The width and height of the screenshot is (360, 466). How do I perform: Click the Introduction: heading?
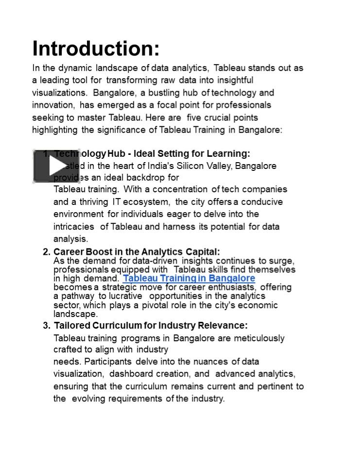[96, 49]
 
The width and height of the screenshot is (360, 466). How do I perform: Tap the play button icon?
[50, 166]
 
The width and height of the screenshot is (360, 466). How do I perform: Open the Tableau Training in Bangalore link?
[189, 278]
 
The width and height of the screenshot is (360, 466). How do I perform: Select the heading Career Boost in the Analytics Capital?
[137, 252]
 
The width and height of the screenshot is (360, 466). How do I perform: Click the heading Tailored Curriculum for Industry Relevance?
[151, 325]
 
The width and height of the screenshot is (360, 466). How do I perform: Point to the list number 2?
[46, 252]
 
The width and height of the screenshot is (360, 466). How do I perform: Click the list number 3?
[46, 325]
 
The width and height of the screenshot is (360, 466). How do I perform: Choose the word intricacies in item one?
[74, 227]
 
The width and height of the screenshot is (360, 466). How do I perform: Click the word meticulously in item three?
[259, 338]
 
